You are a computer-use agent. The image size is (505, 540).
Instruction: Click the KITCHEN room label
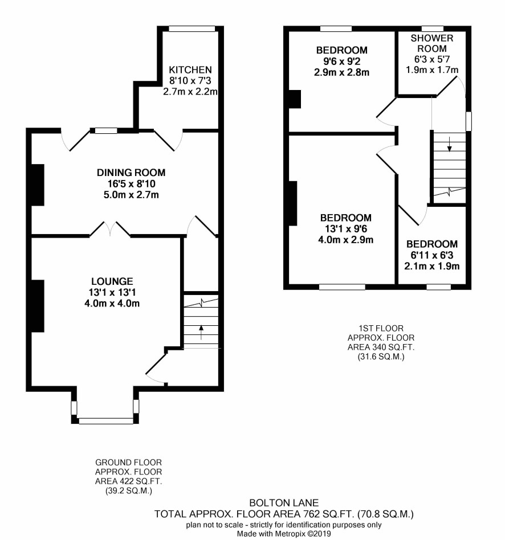[190, 70]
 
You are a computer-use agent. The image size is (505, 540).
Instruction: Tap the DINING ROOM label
[131, 173]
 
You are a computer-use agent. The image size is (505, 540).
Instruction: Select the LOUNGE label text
[112, 281]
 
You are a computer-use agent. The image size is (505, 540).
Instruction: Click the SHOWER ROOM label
[432, 43]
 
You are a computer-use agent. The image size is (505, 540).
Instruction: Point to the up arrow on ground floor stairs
[201, 332]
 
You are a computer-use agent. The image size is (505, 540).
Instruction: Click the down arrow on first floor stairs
[450, 144]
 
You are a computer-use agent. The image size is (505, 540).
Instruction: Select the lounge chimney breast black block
[38, 306]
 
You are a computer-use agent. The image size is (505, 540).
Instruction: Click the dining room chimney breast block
[38, 185]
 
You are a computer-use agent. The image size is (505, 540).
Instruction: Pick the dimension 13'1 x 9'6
[346, 228]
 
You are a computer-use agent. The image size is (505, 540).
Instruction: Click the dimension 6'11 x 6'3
[432, 255]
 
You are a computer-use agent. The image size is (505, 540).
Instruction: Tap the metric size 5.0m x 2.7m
[131, 195]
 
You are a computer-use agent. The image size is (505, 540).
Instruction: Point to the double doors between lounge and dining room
[111, 229]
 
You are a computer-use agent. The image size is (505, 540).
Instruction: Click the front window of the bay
[106, 421]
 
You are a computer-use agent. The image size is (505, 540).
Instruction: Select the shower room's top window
[433, 29]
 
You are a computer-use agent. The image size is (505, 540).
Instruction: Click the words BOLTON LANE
[284, 503]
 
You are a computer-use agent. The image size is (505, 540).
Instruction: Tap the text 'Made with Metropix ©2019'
[284, 534]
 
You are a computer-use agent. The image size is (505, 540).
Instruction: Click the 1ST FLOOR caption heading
[381, 328]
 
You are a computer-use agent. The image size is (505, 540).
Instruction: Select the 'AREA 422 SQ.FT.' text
[129, 481]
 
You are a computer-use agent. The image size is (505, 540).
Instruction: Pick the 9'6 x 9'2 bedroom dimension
[341, 62]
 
